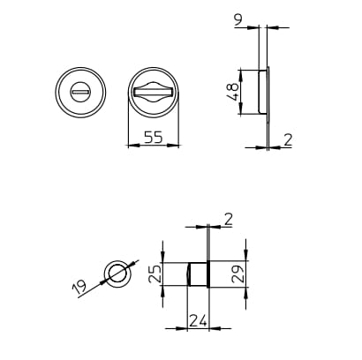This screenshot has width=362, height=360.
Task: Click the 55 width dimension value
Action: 152,137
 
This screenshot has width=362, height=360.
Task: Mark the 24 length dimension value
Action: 198,321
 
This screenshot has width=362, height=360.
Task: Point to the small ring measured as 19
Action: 117,274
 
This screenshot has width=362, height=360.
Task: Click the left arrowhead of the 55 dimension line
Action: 130,146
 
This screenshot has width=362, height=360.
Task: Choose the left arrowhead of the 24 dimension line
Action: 189,329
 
